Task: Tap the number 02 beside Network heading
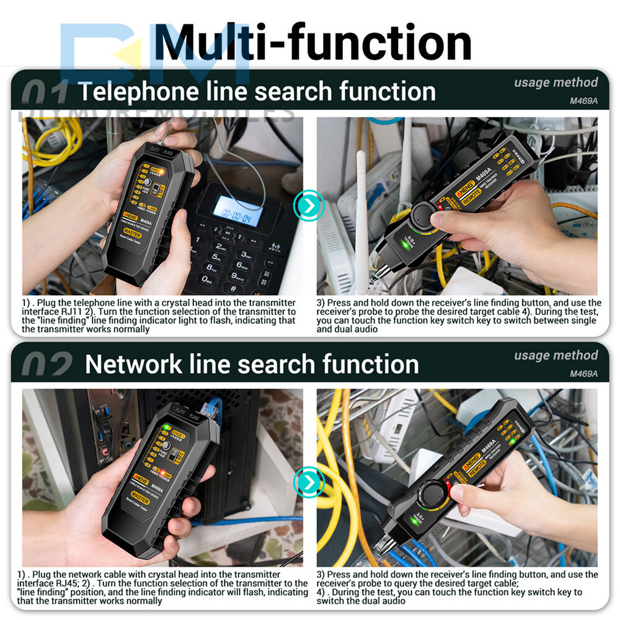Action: [46, 366]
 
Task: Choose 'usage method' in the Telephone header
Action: [556, 82]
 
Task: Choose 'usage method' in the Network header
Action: [556, 355]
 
